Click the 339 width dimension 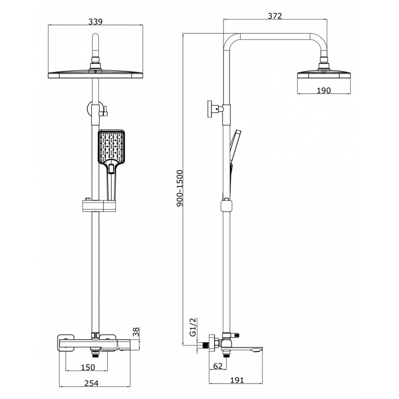tap(95, 21)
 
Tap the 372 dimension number tap(275, 16)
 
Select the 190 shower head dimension tap(324, 90)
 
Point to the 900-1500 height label tap(180, 189)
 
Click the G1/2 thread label tap(194, 327)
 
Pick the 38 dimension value tap(136, 332)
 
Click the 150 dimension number tap(88, 368)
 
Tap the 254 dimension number tap(91, 383)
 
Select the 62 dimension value tap(218, 366)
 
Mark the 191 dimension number tap(237, 380)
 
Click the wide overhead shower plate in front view tap(95, 75)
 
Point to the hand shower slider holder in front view tap(99, 206)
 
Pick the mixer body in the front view tap(94, 344)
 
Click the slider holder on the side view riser tap(226, 205)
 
